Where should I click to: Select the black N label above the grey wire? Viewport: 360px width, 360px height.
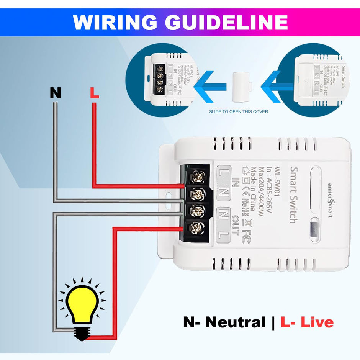tap(56, 93)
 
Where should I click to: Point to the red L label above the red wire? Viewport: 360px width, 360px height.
tap(94, 93)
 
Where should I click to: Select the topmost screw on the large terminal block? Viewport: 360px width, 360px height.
tap(198, 177)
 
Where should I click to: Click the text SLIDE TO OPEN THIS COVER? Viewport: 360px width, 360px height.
tap(238, 112)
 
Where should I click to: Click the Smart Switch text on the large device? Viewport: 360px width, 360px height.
tap(293, 195)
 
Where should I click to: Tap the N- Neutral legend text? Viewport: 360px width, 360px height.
tap(224, 322)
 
